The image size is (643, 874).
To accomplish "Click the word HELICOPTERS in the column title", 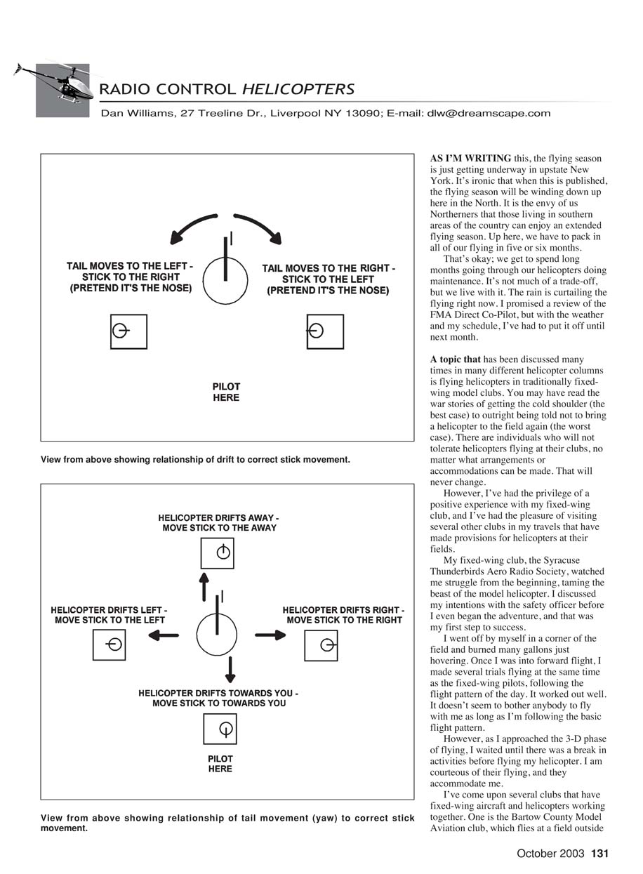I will coord(298,89).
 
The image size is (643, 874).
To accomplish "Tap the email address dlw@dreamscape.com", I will coord(489,113).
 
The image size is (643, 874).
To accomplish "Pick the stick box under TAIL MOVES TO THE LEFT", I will coord(128,331).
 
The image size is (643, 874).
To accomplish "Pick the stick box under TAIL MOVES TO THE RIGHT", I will coord(325,331).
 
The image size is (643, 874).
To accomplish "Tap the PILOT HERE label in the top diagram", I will coord(226,392).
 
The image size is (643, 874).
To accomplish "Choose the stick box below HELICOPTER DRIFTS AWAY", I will coord(218,552).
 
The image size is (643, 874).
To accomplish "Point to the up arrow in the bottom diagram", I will coord(204,585).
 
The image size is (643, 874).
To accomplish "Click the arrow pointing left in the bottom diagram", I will coord(162,635).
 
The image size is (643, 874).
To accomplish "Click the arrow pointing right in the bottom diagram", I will coord(270,635).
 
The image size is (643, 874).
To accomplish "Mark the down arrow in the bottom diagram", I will coord(230,669).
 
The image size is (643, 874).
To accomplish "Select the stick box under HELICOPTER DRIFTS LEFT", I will coord(109,644).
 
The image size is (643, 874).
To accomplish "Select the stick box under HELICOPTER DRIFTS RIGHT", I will coord(321,645).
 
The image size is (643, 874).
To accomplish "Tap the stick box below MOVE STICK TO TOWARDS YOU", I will coord(220,729).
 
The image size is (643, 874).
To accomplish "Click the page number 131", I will coord(599,854).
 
